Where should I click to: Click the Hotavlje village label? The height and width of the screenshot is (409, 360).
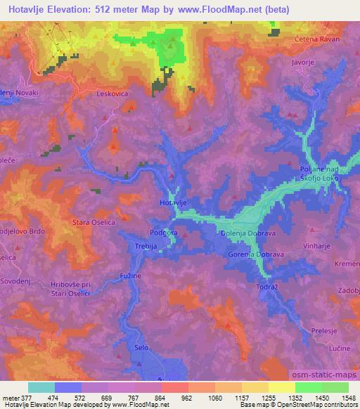tap(173, 202)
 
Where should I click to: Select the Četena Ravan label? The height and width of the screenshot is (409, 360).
tap(317, 39)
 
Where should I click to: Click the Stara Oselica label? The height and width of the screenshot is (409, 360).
tap(94, 223)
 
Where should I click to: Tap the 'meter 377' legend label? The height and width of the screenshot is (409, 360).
tap(17, 398)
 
